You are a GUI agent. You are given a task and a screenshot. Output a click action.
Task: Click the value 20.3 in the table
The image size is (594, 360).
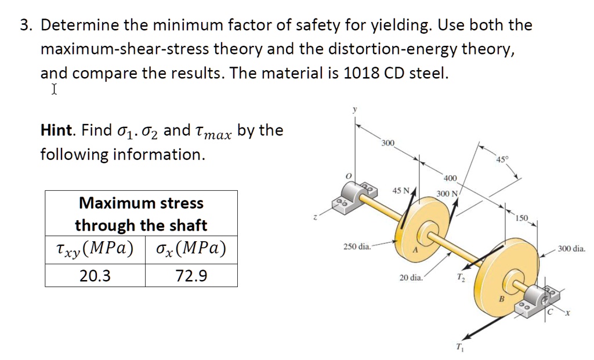tap(95, 275)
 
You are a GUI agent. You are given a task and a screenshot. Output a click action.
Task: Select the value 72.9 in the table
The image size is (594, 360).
tap(191, 275)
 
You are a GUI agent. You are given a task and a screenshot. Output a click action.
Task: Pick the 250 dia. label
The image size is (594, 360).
tap(357, 246)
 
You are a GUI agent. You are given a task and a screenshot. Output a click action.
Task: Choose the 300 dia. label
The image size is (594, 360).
tap(571, 249)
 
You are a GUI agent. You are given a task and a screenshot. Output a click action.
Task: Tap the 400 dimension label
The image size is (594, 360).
tap(450, 178)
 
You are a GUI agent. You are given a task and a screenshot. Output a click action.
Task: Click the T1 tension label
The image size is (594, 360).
tap(459, 348)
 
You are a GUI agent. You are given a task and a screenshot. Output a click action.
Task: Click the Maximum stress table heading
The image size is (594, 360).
tap(141, 203)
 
